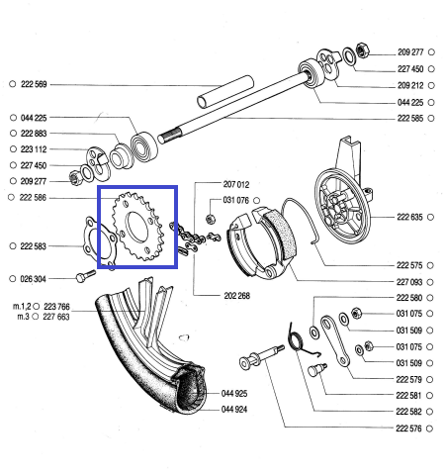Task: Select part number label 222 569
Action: tap(34, 84)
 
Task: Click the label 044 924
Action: tap(234, 409)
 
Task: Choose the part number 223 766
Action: tap(56, 307)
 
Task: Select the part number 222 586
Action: tap(34, 198)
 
